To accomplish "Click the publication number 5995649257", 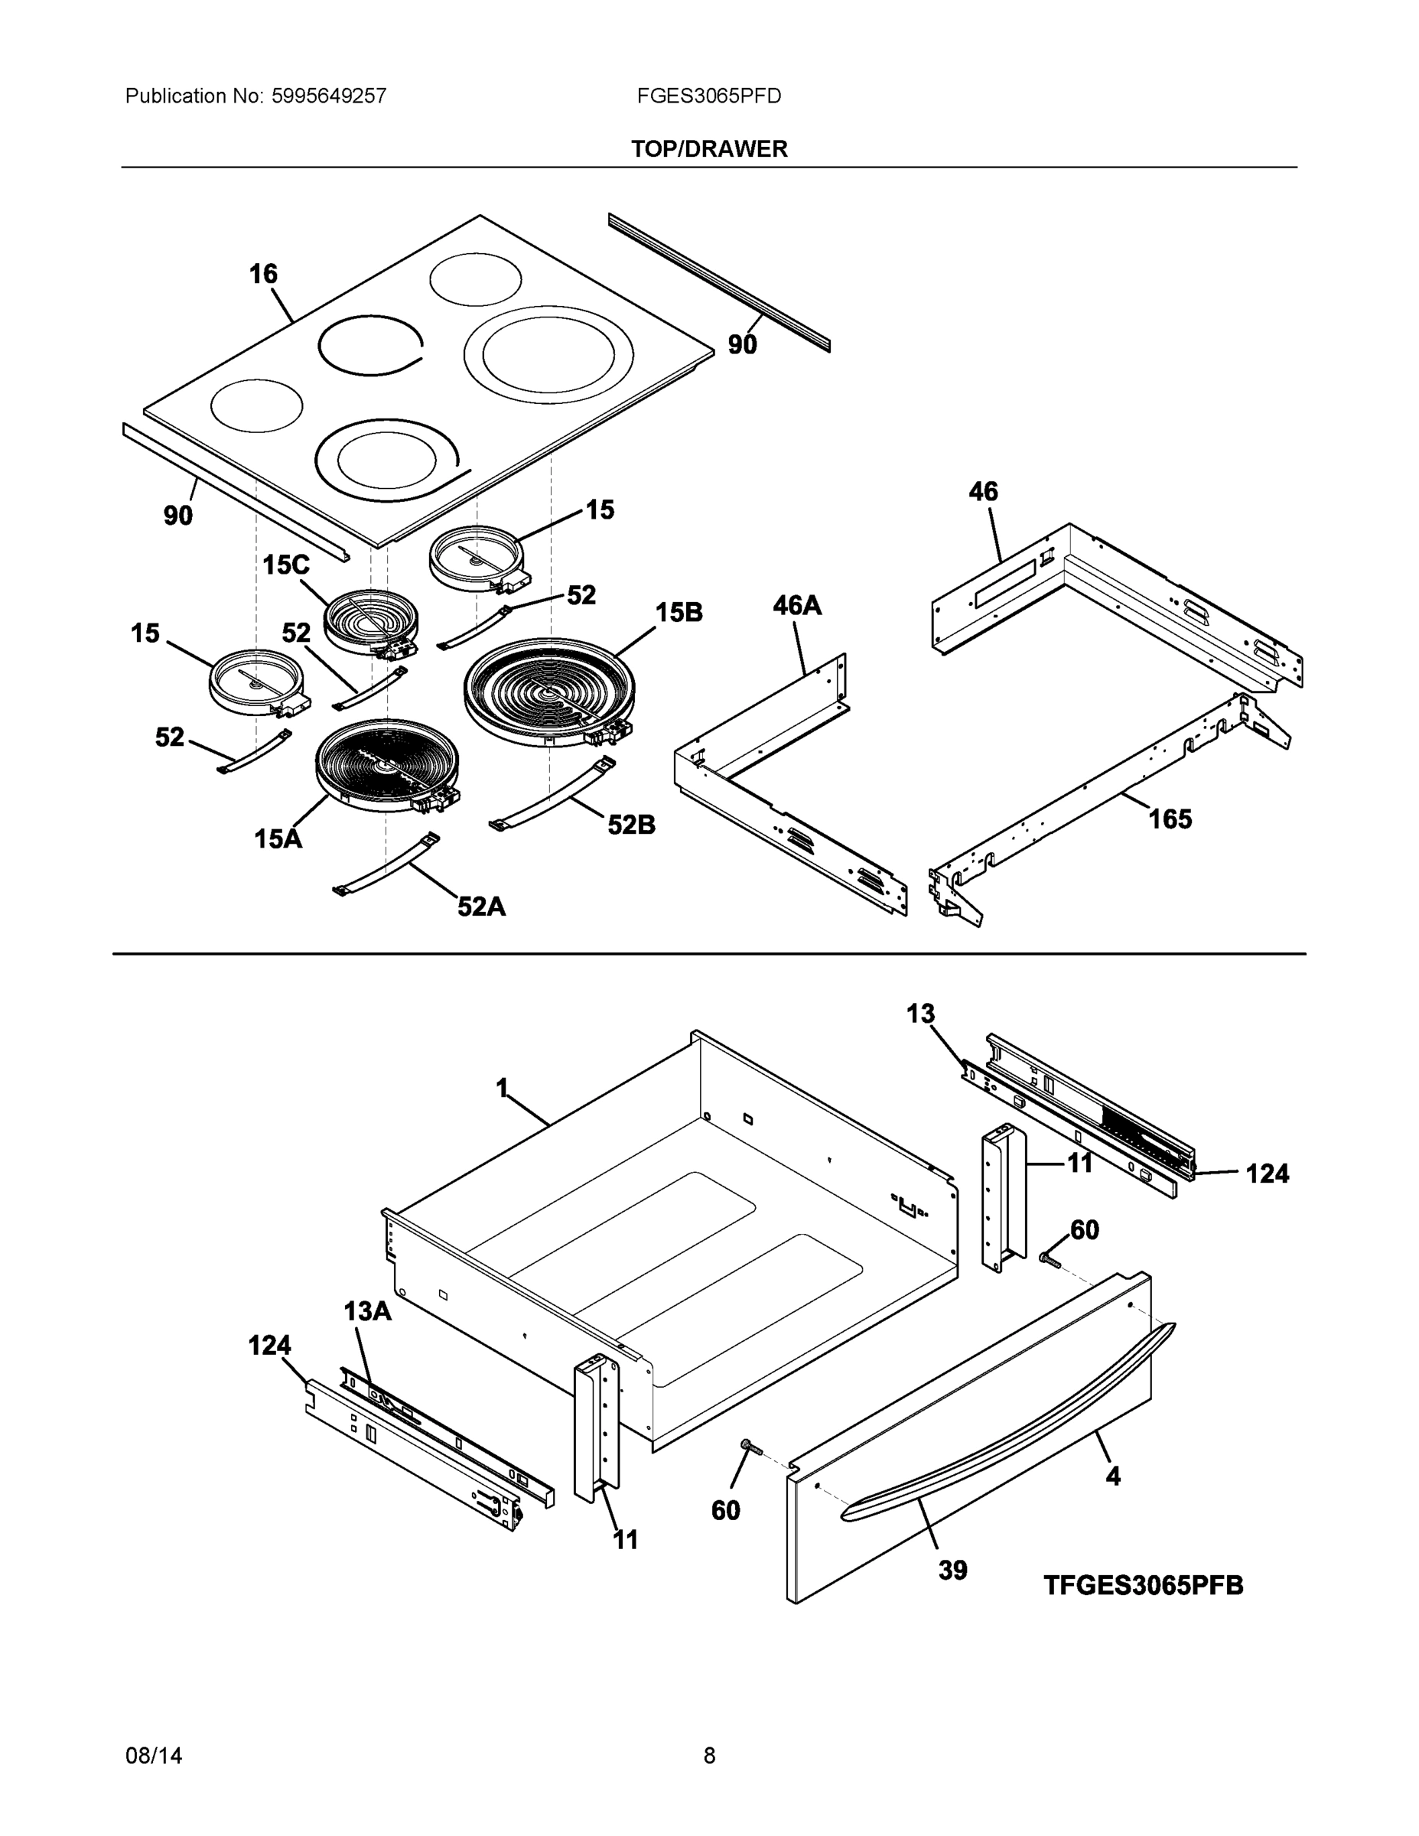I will (328, 96).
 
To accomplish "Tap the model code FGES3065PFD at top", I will (708, 96).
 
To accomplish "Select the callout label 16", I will (263, 274).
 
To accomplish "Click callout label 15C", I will (286, 565).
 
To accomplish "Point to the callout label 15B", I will (679, 612).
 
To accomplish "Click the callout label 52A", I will (482, 907).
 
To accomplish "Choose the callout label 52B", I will (631, 825).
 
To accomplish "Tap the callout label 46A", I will (797, 605).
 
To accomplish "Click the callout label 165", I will (1170, 819).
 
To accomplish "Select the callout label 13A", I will (367, 1310).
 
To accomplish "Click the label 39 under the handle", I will (952, 1570).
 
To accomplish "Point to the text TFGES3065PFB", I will (1144, 1586).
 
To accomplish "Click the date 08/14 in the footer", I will (154, 1756).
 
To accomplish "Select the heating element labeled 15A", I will (387, 765).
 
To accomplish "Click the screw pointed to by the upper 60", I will (1049, 1259).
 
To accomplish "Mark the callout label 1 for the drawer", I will (502, 1089).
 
